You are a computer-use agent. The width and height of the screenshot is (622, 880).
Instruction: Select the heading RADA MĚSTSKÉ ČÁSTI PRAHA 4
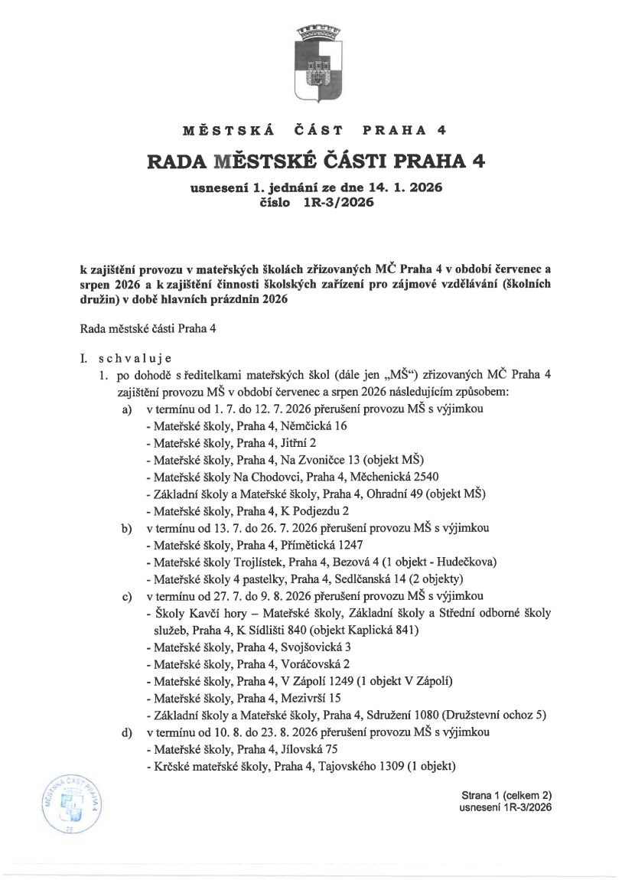[x=315, y=161]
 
